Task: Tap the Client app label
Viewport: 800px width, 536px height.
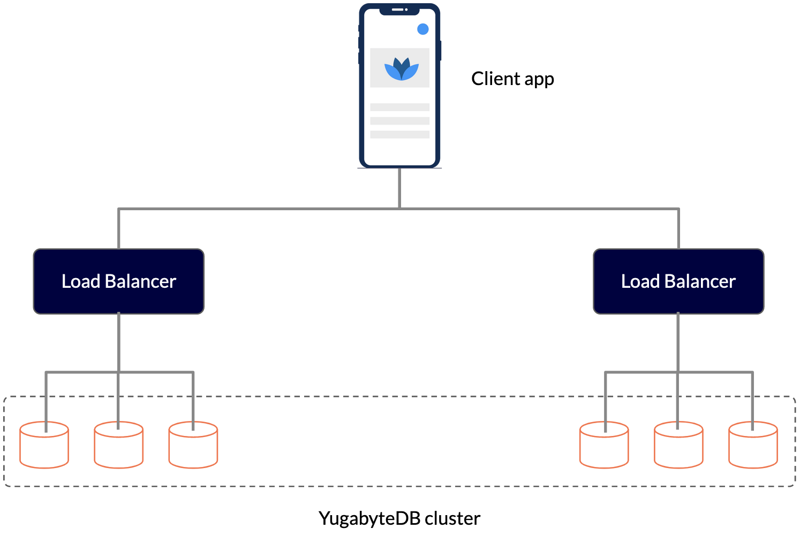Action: (512, 79)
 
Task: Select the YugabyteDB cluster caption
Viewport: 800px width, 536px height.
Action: (399, 518)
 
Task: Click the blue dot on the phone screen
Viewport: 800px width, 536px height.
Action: (422, 29)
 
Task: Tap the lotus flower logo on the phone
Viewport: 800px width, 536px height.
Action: (401, 69)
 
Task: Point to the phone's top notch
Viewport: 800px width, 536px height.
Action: (399, 10)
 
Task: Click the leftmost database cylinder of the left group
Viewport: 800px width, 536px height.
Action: (44, 448)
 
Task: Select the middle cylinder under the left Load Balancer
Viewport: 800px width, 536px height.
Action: (118, 448)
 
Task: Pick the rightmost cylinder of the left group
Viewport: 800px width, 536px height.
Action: (193, 448)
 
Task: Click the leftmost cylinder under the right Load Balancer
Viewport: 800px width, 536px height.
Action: (604, 448)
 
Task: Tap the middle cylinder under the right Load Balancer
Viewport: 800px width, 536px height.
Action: (678, 448)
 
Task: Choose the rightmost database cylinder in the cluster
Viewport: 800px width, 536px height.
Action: (753, 448)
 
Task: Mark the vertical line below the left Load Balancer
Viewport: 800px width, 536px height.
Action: (118, 342)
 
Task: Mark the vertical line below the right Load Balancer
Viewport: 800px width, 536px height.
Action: (678, 342)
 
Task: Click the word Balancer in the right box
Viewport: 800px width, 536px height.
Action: (700, 281)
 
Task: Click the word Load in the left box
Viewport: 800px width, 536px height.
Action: (81, 281)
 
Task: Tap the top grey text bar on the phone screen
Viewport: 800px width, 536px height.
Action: (399, 107)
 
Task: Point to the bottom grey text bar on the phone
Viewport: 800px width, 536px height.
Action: (399, 135)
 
